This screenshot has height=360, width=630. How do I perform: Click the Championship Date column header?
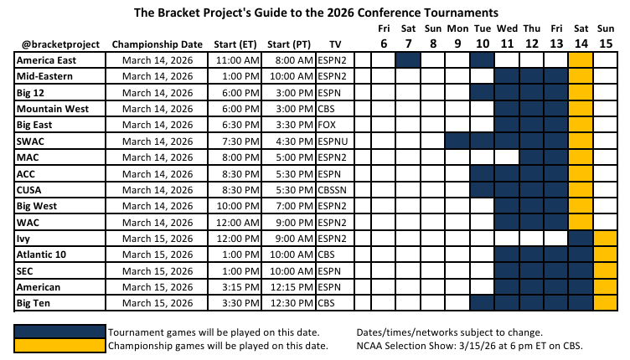tap(157, 44)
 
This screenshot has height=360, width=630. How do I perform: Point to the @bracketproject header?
tap(58, 44)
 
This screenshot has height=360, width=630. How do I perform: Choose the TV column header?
tap(335, 44)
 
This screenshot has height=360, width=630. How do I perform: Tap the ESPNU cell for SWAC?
tap(335, 141)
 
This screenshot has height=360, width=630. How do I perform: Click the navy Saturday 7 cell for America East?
tap(407, 60)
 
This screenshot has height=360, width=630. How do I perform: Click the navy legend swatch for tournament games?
tap(60, 331)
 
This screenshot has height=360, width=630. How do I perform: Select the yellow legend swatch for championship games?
tap(60, 345)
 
